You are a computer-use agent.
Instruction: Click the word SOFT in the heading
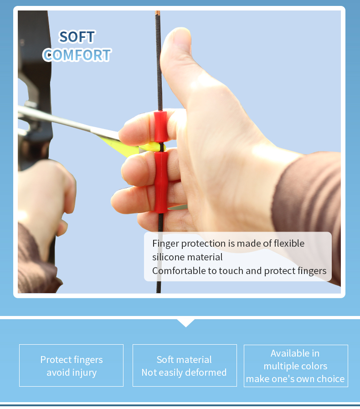click(77, 37)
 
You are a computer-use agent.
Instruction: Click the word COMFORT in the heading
click(77, 55)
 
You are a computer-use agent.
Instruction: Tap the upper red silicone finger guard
click(160, 126)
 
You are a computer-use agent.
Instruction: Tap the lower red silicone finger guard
click(160, 182)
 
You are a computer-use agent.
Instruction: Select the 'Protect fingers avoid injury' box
click(71, 366)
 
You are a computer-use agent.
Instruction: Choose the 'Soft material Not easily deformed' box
click(184, 366)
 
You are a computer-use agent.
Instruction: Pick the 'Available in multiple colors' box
click(296, 366)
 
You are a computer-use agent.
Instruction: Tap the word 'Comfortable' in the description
click(179, 271)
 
